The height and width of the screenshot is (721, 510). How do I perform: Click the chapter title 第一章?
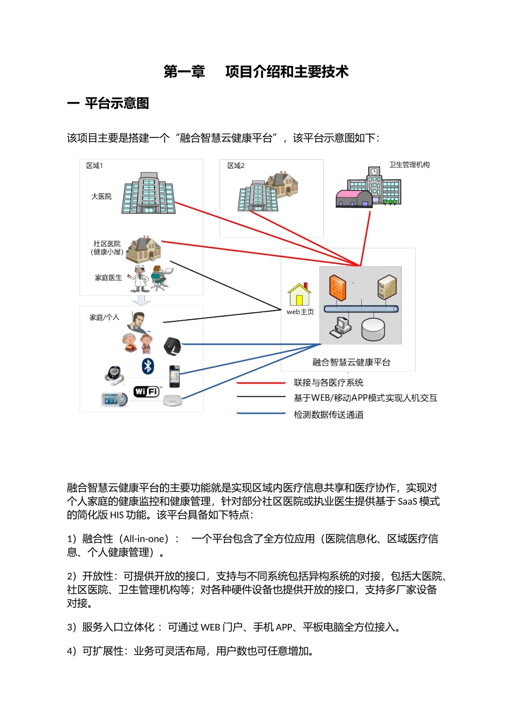coord(184,72)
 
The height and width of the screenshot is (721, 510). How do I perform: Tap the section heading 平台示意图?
coord(116,104)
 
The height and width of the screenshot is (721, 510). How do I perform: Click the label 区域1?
coord(94,166)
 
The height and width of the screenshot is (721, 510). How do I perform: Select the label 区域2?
coord(236,166)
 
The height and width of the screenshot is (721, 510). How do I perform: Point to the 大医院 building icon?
coord(149,194)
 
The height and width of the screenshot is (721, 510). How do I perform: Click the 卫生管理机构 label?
coord(409,165)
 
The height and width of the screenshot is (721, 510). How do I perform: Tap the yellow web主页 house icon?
coord(299,295)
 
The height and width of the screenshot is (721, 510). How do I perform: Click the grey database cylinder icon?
coord(373,329)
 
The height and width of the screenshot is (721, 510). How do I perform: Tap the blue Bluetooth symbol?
coord(148,366)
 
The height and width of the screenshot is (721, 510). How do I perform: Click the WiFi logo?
coord(147,392)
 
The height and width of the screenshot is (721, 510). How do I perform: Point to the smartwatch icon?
coord(172,346)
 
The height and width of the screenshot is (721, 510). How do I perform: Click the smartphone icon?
coord(174,376)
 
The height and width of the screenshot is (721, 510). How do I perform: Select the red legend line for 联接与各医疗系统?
coord(261,383)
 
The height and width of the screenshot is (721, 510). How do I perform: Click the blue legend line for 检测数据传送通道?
coord(261,414)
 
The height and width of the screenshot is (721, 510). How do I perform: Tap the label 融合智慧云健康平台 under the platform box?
coord(351,362)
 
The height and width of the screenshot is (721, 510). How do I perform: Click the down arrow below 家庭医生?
coord(142,300)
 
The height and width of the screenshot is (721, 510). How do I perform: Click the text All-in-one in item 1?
coord(143,539)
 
